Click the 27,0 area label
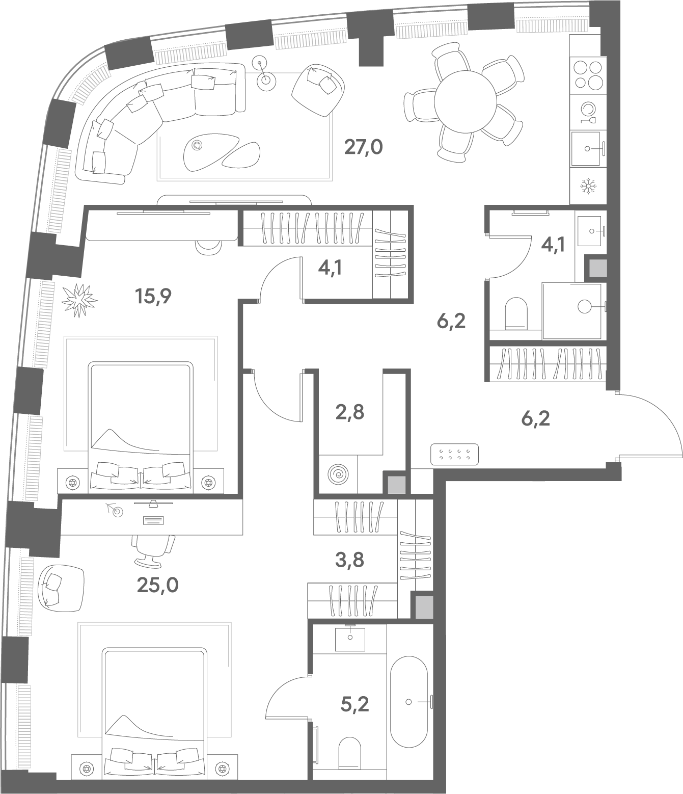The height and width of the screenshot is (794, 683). [x=363, y=147]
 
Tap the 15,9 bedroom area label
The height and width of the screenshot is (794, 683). [x=153, y=296]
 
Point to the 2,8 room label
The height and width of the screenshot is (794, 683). [x=349, y=413]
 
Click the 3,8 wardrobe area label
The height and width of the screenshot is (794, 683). [x=349, y=560]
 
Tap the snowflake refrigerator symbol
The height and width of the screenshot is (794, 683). [x=587, y=187]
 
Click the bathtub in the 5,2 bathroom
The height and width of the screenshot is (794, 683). [x=408, y=702]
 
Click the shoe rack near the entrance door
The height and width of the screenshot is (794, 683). [x=454, y=455]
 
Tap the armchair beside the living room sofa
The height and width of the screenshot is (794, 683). [x=318, y=90]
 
